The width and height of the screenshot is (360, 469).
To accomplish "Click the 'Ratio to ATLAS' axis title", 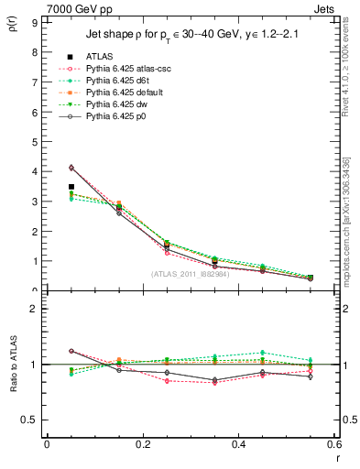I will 12,364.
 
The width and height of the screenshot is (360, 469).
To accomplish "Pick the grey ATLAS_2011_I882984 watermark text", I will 190,273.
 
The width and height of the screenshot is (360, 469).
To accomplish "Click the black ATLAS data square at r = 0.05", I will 71,187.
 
